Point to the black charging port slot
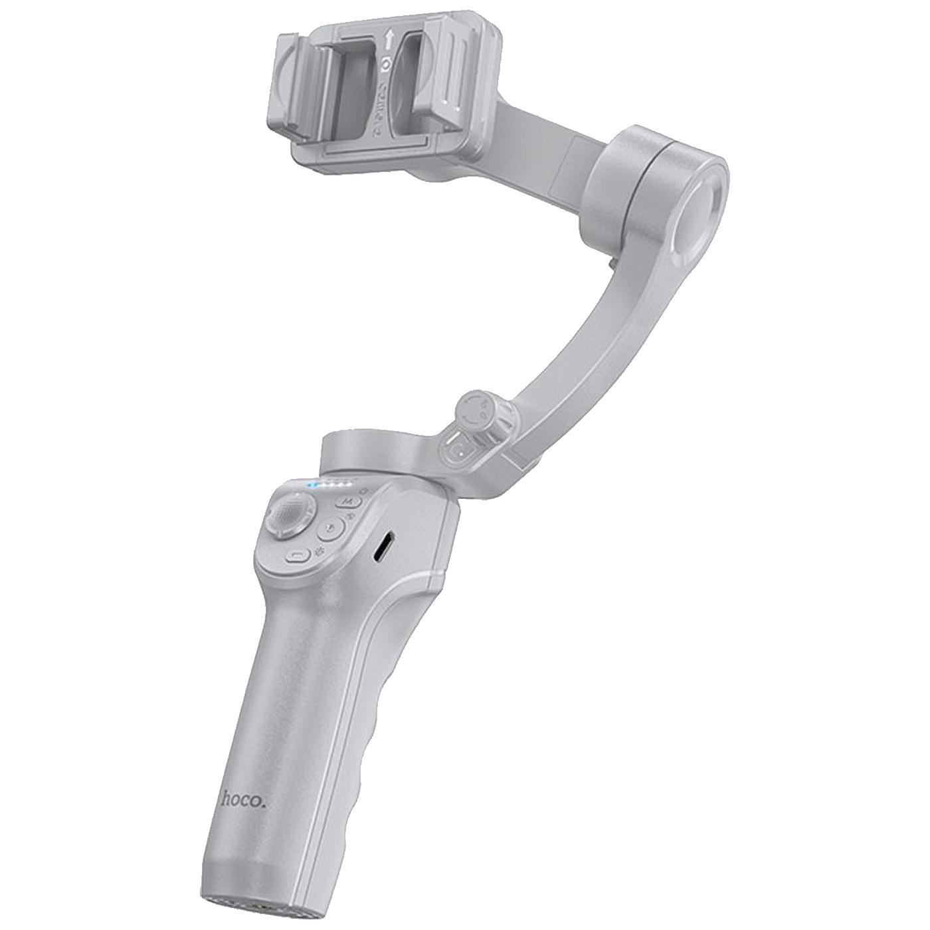click(383, 547)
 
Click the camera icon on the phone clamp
click(385, 66)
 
